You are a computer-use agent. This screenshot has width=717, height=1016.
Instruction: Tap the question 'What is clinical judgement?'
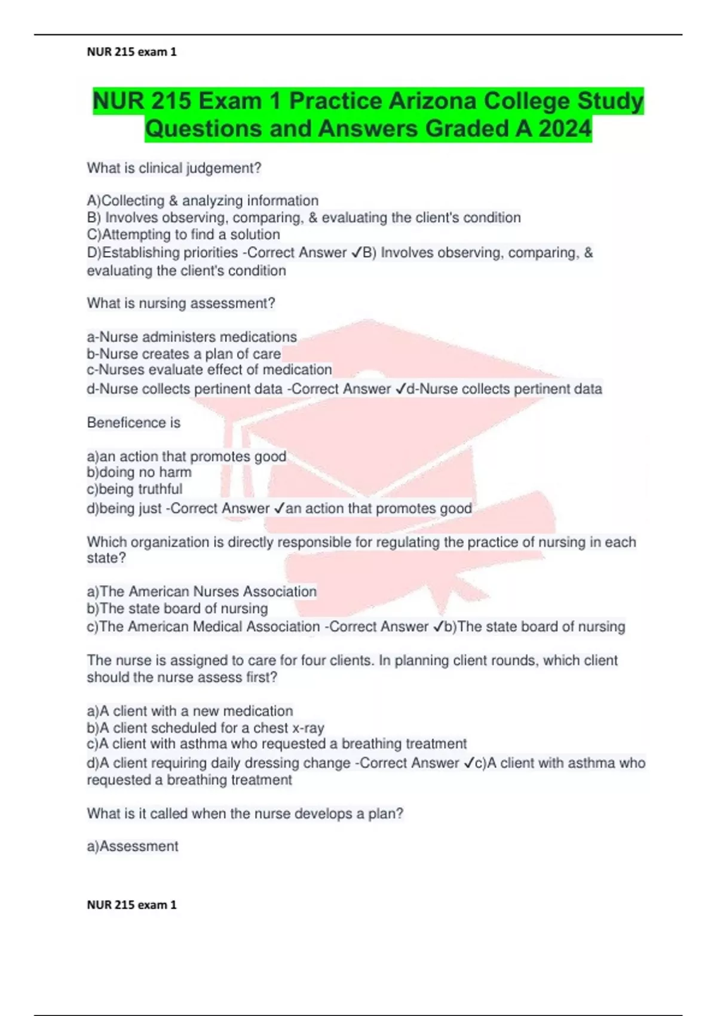[174, 169]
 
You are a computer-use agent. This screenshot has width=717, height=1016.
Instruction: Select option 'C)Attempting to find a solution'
[183, 234]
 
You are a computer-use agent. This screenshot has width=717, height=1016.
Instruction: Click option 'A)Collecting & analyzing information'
[203, 201]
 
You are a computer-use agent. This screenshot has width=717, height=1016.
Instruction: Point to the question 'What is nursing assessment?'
[181, 304]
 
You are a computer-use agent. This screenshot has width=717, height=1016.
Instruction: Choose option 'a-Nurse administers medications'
[192, 337]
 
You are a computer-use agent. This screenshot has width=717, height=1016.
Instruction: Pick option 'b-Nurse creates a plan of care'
[183, 354]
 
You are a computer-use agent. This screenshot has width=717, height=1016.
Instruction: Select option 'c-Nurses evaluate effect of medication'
[209, 370]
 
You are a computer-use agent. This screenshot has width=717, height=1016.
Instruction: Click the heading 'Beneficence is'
[134, 423]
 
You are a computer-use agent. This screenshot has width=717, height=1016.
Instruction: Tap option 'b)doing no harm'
[139, 472]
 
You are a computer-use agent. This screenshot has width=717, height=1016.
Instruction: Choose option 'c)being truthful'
[134, 489]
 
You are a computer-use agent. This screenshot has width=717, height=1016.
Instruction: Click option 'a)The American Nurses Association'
[202, 592]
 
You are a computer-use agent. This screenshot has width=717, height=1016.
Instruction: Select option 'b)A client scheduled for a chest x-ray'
[206, 728]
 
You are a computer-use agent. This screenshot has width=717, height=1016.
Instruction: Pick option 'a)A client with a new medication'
[190, 711]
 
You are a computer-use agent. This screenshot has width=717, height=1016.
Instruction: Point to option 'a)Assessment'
[133, 846]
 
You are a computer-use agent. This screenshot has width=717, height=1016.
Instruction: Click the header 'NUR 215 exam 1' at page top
[131, 52]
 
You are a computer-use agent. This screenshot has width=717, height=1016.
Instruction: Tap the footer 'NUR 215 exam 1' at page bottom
[131, 905]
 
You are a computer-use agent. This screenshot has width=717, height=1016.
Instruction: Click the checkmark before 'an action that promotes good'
[279, 509]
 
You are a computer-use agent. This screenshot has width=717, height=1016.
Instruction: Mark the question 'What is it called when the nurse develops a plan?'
[245, 814]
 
